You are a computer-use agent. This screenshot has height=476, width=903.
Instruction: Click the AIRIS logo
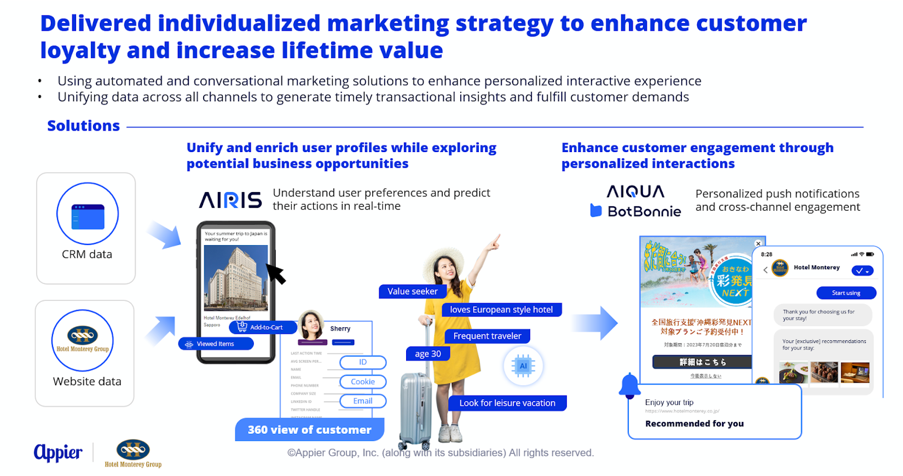point(230,200)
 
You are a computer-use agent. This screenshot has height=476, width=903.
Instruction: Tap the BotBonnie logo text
point(644,211)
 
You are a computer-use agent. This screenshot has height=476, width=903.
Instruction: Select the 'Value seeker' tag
point(412,292)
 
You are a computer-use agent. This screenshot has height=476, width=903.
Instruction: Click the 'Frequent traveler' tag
point(487,336)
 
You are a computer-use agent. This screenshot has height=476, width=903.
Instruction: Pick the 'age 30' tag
point(427,354)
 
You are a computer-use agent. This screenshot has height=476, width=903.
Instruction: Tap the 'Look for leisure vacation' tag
point(507,403)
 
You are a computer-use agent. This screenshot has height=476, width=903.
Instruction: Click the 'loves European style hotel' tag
point(501,310)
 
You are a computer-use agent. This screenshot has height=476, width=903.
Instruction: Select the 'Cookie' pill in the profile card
point(363,382)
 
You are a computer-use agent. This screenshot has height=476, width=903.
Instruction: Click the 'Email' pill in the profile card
point(362,401)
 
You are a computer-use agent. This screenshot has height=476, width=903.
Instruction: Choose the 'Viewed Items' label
point(216,344)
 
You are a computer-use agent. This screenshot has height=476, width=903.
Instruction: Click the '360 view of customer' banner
point(309,430)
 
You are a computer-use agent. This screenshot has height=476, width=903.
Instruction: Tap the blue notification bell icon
point(629,385)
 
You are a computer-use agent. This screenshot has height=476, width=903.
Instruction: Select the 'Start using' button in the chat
point(846,293)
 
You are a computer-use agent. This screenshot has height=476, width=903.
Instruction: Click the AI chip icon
point(523,366)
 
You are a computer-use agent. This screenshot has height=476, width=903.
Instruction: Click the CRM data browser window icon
point(88,217)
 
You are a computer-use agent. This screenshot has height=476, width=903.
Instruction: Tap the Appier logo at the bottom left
point(58,452)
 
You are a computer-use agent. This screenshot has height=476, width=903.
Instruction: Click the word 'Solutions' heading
point(83,126)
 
